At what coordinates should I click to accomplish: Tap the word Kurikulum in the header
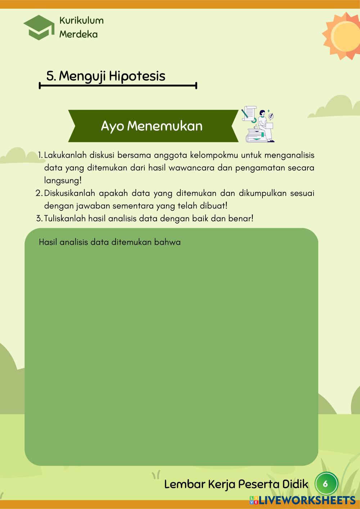(x=81, y=21)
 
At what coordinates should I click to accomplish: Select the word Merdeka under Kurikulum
(x=78, y=34)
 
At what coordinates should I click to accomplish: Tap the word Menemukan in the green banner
(x=165, y=126)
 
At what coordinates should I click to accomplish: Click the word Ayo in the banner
(x=112, y=126)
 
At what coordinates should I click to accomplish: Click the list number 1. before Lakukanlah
(x=40, y=156)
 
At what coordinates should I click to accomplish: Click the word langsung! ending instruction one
(x=63, y=181)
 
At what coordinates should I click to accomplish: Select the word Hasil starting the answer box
(x=48, y=242)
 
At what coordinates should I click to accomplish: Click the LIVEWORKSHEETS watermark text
(x=305, y=500)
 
